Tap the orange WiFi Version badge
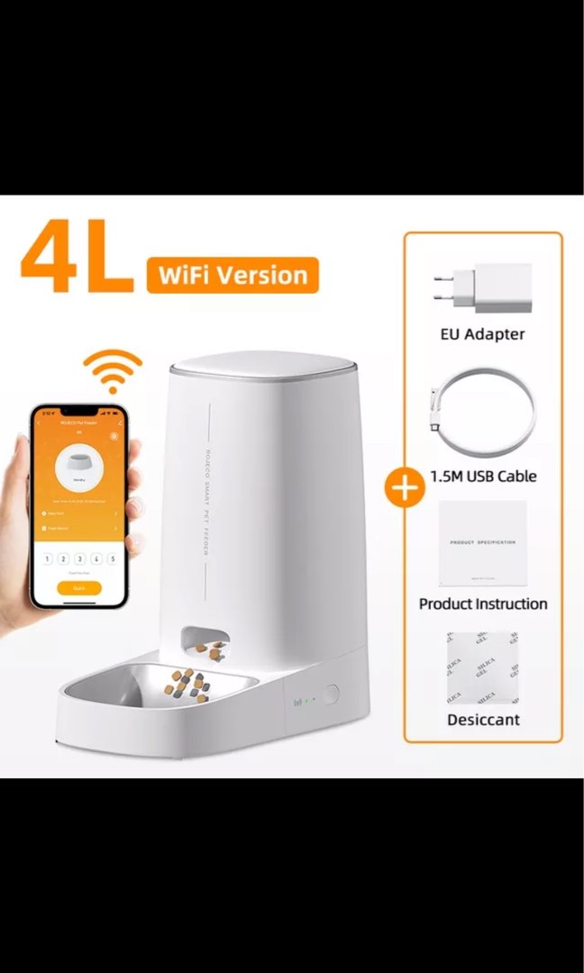point(233,275)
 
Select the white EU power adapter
point(482,288)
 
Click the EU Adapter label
point(483,333)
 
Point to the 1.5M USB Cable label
point(483,475)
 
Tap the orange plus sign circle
point(405,487)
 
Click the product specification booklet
point(483,543)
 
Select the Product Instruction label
point(483,604)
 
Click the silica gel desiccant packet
point(483,668)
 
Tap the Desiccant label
point(483,719)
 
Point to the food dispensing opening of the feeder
point(205,645)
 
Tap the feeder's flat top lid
point(264,363)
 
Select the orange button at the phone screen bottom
point(78,587)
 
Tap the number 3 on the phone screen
point(79,559)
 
